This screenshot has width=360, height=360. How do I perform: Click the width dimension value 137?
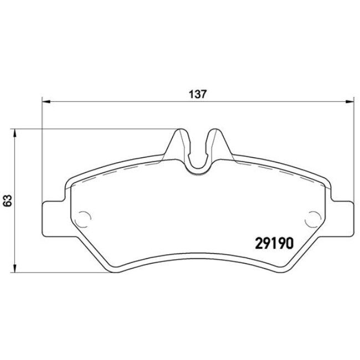199,95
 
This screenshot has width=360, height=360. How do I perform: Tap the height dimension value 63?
7,200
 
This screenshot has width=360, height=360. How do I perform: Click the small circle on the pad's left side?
84,218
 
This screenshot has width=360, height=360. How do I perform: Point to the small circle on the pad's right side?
313,218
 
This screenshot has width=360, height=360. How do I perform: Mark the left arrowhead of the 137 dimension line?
47,101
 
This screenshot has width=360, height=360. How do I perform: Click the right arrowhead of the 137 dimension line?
349,101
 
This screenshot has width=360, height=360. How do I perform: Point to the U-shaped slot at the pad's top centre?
198,158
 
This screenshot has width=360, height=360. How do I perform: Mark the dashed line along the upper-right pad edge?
277,172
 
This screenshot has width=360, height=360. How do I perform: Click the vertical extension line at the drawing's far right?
353,150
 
